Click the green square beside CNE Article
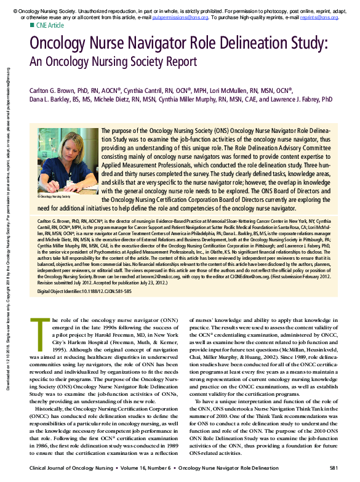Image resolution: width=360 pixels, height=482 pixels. [31, 26]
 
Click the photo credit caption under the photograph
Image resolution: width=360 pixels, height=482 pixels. [54, 196]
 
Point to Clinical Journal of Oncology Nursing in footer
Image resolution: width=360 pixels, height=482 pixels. [75, 470]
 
